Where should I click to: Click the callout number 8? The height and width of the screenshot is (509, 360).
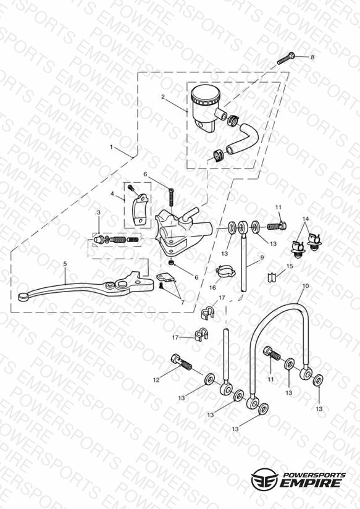click(312, 57)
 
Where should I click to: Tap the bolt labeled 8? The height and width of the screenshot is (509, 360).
click(286, 59)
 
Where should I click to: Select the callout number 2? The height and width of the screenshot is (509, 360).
click(162, 97)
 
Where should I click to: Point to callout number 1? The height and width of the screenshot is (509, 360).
click(111, 147)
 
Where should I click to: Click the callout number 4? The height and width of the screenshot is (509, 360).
click(112, 194)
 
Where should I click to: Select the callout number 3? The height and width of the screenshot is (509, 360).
click(98, 212)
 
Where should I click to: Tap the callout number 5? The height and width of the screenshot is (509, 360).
click(65, 264)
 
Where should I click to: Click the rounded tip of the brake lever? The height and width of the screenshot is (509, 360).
click(22, 297)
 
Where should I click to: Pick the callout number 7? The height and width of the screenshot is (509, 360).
click(183, 303)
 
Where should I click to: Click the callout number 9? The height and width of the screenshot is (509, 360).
click(262, 258)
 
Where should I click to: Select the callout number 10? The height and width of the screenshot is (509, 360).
click(306, 287)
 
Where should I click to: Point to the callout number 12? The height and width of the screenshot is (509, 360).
click(156, 380)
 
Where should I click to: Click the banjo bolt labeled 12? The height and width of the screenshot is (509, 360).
click(180, 363)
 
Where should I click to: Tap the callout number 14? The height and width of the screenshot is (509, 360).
click(306, 219)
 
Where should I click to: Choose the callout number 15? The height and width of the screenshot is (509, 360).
click(290, 266)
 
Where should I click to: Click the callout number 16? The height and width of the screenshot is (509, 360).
click(212, 288)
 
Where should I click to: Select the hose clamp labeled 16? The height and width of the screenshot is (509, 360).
click(224, 271)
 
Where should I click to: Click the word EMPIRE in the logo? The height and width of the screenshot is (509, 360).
click(309, 483)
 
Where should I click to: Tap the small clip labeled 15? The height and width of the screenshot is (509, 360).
click(271, 277)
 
